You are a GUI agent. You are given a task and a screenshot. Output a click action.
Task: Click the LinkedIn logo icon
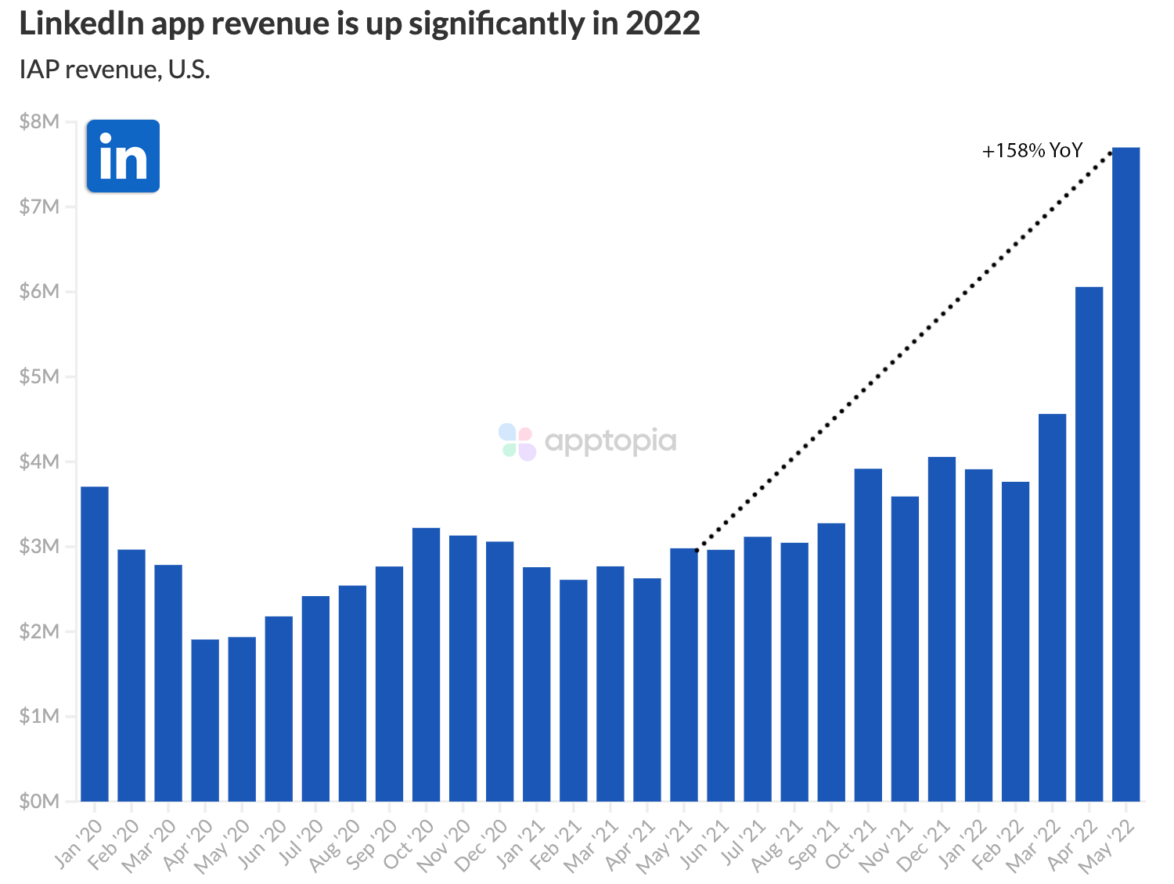[x=123, y=156]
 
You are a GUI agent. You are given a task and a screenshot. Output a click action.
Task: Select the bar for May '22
[x=1125, y=473]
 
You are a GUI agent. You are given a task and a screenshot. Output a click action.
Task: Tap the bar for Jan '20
[x=95, y=643]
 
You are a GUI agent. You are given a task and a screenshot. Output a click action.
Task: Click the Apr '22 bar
[x=1089, y=544]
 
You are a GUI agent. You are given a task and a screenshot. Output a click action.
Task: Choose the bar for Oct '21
[x=868, y=634]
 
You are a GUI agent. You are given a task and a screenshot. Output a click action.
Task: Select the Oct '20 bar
[x=426, y=664]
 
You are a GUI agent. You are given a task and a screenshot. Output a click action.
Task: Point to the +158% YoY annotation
[x=1032, y=150]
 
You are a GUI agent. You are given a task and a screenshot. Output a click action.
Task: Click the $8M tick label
[x=40, y=121]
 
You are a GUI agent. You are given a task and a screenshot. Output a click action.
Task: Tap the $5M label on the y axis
[x=40, y=376]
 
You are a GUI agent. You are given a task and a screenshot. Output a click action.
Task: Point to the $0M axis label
[x=40, y=801]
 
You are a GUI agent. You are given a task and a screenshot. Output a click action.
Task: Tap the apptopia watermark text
[x=610, y=441]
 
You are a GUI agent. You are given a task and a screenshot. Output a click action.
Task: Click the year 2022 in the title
[x=662, y=23]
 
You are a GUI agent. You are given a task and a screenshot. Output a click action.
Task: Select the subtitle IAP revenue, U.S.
[x=114, y=70]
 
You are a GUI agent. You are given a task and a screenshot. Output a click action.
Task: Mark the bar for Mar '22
[x=1052, y=607]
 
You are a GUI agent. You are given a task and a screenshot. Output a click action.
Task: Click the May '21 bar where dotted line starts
[x=684, y=674]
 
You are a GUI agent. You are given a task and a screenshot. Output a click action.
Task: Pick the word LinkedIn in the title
[x=81, y=23]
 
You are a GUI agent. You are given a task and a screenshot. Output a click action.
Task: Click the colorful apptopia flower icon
[x=517, y=442]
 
